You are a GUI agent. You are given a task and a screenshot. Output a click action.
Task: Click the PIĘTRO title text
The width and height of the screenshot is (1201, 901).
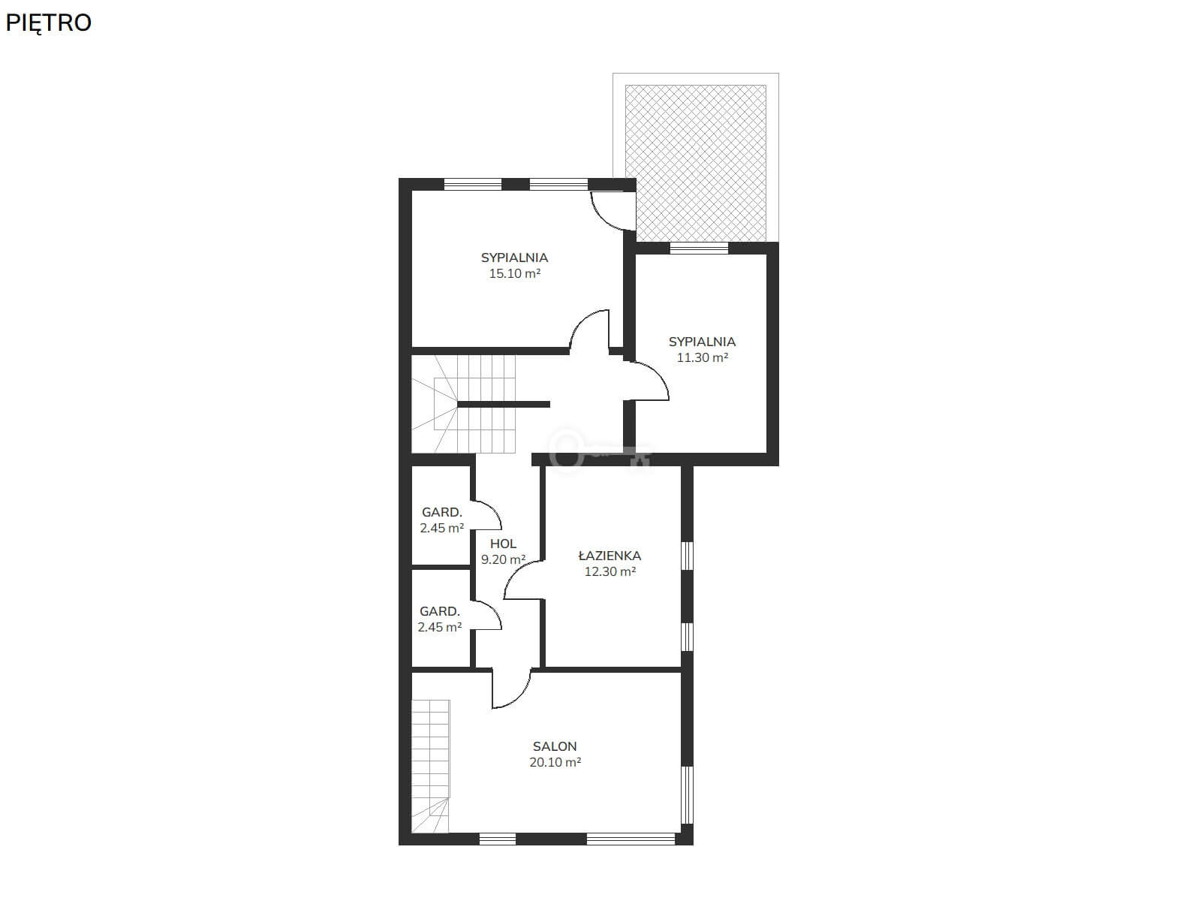[48, 23]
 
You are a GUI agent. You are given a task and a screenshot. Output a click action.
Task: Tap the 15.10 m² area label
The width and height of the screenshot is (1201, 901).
[514, 273]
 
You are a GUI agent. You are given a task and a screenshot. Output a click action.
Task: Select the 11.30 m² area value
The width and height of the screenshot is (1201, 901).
[702, 358]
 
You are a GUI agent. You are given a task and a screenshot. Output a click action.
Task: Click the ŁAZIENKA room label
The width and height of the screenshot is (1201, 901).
[610, 556]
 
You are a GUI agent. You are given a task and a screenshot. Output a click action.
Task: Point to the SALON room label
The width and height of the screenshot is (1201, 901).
[555, 746]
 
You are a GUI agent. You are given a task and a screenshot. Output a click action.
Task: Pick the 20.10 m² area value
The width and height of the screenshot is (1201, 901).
[555, 762]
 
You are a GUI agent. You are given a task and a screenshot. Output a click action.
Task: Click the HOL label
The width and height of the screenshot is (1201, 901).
[503, 544]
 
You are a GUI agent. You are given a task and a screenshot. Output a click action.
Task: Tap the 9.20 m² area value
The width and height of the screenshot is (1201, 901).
[504, 559]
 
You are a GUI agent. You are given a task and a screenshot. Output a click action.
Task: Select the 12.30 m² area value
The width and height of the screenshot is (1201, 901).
[610, 571]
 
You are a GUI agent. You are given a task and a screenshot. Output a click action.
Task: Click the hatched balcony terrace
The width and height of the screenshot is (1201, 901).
[695, 162]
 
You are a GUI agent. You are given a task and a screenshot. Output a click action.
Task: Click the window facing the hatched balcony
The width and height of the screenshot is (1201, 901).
[699, 248]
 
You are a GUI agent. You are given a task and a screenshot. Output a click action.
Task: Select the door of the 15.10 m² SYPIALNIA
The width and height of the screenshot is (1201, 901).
[582, 323]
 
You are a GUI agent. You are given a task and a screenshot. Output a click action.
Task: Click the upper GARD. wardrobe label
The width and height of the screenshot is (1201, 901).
[442, 513]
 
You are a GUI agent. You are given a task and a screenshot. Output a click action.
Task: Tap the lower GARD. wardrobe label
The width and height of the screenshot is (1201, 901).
[440, 612]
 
